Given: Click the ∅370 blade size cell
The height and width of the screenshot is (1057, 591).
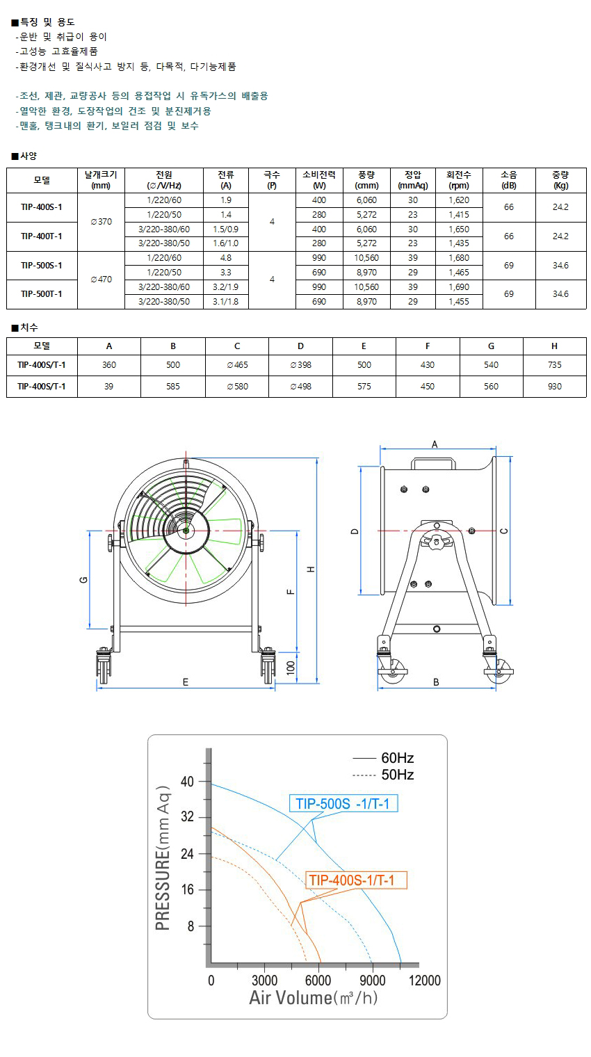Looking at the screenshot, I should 101,222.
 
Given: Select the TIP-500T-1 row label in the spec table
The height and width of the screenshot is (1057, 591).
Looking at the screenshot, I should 42,294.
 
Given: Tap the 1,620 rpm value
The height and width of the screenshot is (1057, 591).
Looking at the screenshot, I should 459,200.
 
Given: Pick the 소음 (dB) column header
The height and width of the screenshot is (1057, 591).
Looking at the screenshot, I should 509,180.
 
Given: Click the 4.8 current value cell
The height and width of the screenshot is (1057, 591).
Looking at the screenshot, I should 225,258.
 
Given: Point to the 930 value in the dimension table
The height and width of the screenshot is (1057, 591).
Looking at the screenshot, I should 554,386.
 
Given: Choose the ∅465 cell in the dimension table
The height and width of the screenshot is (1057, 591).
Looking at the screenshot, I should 236,365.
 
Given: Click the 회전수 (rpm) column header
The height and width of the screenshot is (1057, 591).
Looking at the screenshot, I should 459,180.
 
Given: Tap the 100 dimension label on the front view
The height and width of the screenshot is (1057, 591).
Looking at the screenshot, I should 291,669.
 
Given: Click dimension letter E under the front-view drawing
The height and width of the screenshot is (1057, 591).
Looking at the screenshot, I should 186,682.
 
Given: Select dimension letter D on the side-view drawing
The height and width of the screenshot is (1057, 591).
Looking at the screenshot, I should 355,531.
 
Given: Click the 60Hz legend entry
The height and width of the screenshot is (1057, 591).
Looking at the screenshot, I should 384,758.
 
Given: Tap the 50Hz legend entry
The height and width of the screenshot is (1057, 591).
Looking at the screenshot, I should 384,775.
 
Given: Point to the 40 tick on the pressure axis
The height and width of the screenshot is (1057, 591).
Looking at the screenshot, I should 188,782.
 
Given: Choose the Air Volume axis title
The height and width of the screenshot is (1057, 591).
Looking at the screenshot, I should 314,998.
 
